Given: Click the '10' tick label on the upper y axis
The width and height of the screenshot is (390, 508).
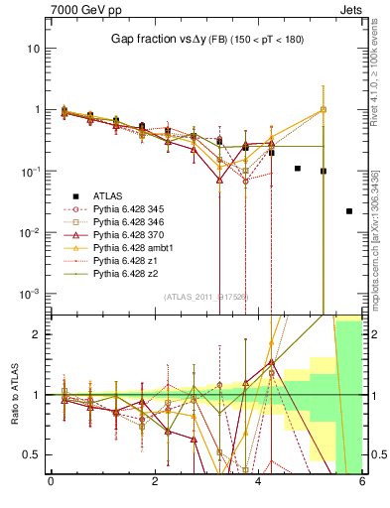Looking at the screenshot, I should coord(33,49).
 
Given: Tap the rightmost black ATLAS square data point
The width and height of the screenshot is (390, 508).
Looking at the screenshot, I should coord(348,211).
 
